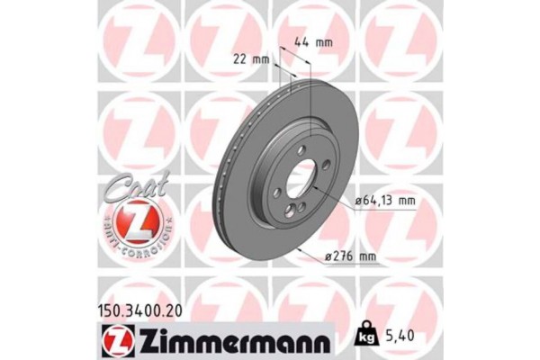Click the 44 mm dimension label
pyautogui.click(x=311, y=41)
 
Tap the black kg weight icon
pyautogui.click(x=364, y=337)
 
